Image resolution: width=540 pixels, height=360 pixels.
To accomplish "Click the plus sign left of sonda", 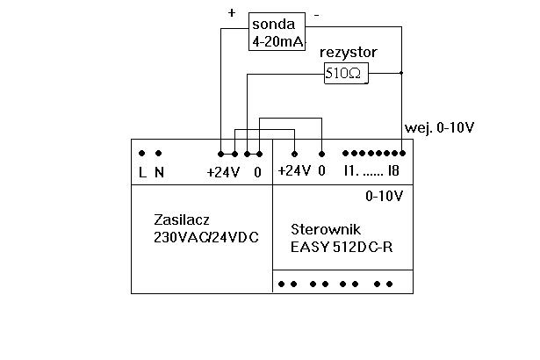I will (x=232, y=13).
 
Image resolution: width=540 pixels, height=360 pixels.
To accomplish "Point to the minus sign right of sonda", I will (x=316, y=15).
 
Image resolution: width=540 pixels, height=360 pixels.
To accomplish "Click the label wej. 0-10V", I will (x=439, y=127).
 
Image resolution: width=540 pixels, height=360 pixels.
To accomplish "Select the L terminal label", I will (x=142, y=173).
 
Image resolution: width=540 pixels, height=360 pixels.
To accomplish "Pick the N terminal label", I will (x=159, y=173).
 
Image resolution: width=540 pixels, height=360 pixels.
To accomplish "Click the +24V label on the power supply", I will (x=223, y=173).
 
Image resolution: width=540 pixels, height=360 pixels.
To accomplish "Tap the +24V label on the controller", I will (x=293, y=172).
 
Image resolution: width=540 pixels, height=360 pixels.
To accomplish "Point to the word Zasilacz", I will (x=182, y=220).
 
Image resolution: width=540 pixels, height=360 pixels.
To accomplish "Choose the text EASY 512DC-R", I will (x=341, y=247).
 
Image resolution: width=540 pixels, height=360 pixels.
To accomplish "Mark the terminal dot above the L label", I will (x=142, y=153).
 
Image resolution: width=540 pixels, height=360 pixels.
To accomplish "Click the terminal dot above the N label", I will (x=156, y=153).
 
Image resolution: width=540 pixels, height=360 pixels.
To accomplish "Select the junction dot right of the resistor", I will (x=401, y=74).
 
